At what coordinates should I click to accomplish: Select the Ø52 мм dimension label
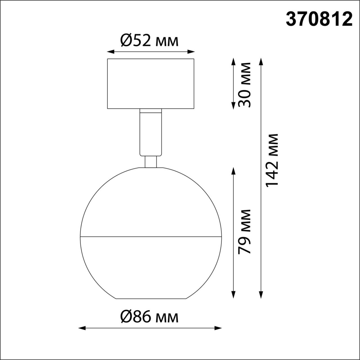149,41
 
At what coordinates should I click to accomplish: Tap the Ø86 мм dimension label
149,317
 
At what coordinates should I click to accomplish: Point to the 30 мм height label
244,84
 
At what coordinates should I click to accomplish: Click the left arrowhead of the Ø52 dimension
110,51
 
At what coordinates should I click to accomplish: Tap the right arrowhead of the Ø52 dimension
192,51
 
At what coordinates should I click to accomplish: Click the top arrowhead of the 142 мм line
261,61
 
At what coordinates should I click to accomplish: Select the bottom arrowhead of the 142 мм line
261,295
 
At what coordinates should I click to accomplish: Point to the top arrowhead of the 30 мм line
233,61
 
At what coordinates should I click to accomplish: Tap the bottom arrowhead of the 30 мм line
233,106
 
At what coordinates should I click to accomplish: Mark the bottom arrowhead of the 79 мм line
233,295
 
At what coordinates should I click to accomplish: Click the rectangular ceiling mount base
150,84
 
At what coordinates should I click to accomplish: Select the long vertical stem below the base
150,132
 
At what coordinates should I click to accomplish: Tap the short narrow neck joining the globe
150,162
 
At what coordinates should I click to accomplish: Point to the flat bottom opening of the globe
151,298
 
